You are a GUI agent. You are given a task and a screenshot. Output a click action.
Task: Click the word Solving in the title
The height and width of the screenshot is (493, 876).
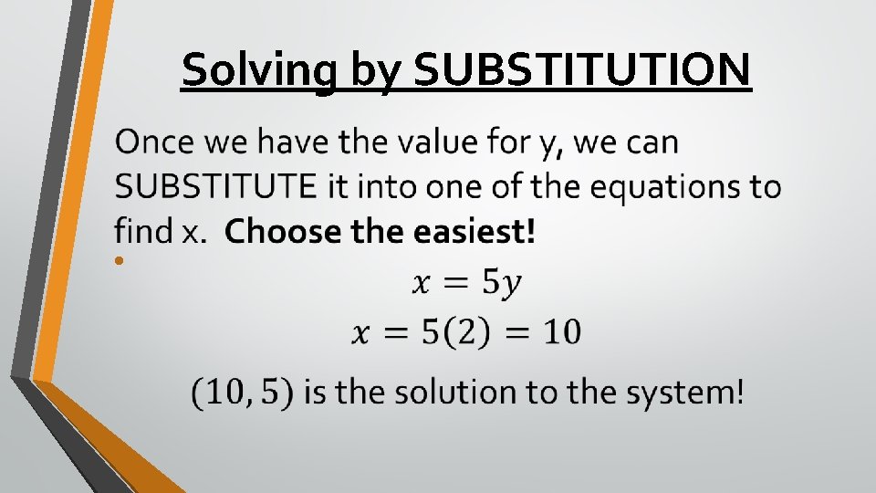tap(258, 70)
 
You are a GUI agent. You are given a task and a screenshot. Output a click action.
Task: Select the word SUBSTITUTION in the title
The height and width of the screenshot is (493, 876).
tap(583, 70)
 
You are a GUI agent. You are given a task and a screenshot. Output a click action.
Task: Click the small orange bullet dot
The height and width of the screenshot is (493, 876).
tap(120, 262)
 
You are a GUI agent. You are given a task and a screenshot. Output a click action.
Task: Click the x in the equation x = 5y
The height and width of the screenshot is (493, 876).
tap(421, 285)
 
